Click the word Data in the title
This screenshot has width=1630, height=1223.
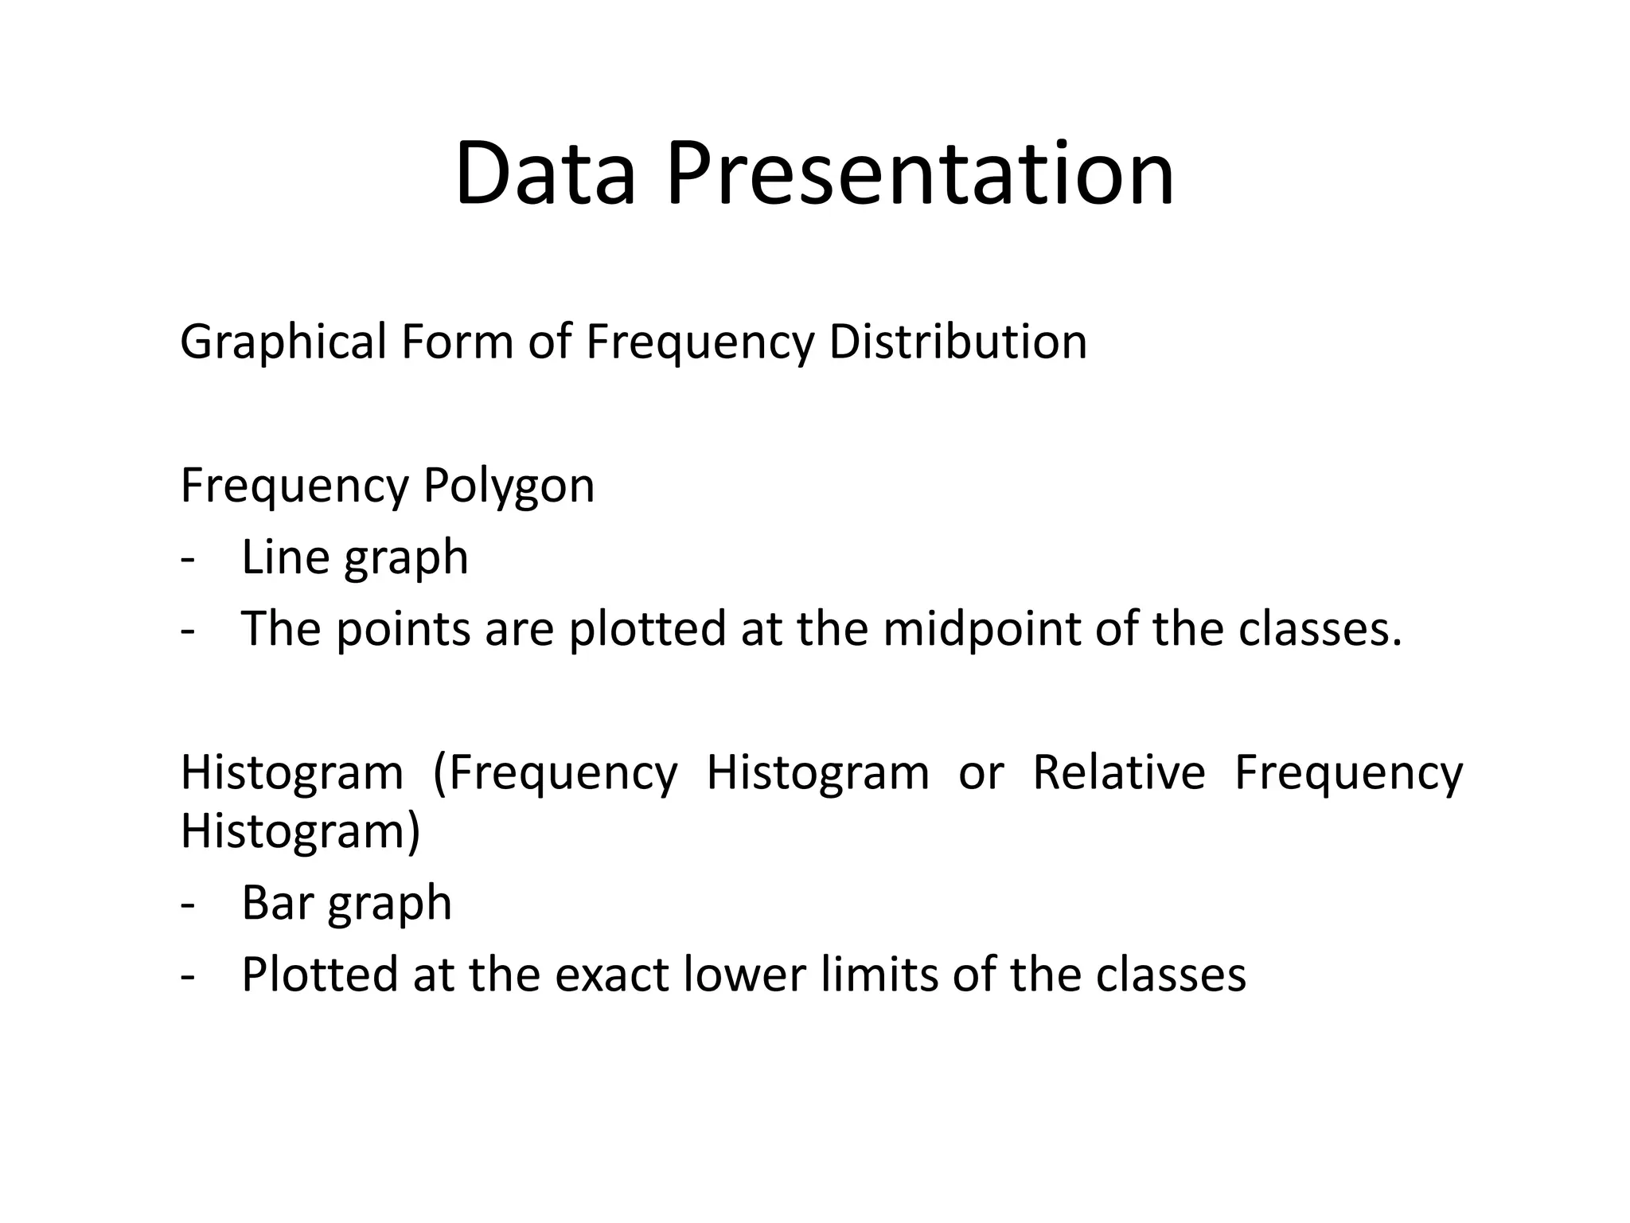pyautogui.click(x=545, y=174)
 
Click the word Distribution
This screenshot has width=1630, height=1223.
pyautogui.click(x=957, y=342)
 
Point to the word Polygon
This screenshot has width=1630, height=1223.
pyautogui.click(x=509, y=486)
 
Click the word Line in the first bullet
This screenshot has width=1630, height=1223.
pyautogui.click(x=286, y=557)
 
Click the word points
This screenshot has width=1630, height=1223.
pyautogui.click(x=402, y=629)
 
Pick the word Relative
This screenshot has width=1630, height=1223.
pyautogui.click(x=1118, y=772)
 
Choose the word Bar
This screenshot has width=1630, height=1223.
pyautogui.click(x=278, y=903)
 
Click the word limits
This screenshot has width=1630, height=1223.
pyautogui.click(x=879, y=975)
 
